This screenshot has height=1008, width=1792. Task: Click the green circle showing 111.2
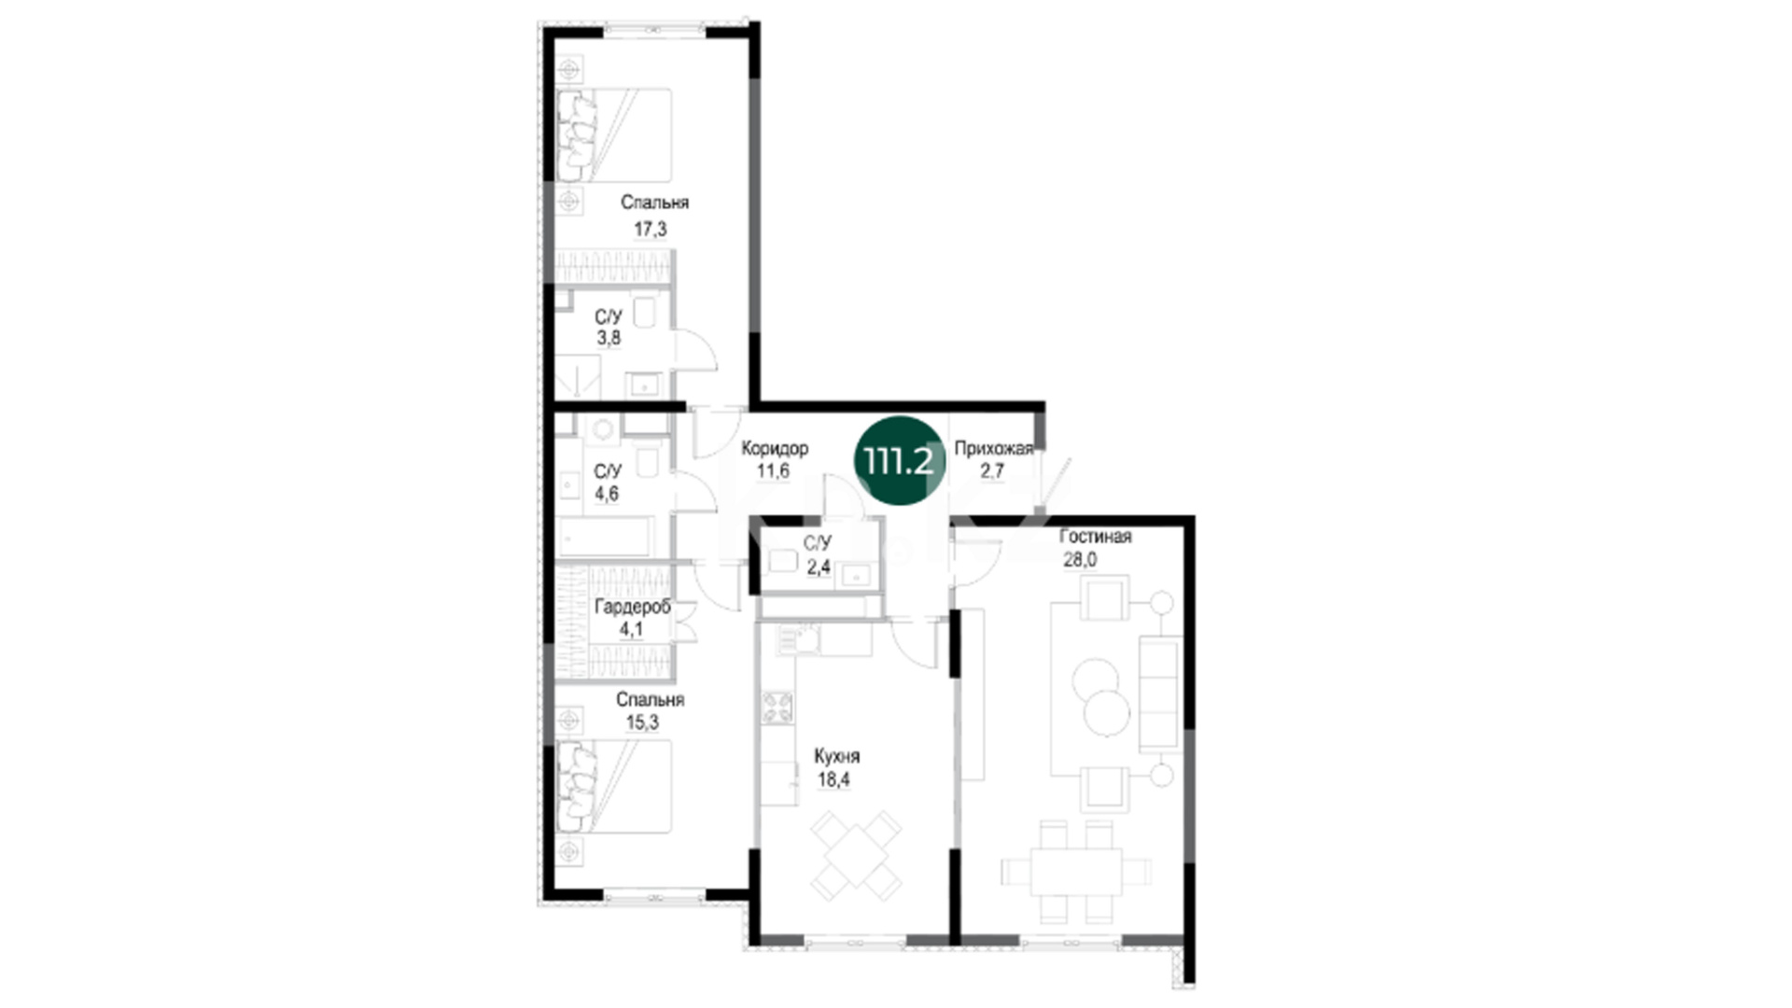(900, 461)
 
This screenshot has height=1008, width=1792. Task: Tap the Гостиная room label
(1095, 537)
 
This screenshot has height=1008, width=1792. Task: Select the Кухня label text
(836, 756)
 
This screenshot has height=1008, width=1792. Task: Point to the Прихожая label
(993, 449)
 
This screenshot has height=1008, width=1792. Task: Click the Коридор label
(775, 448)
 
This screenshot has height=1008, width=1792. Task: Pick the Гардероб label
(632, 607)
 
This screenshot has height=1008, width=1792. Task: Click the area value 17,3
(651, 229)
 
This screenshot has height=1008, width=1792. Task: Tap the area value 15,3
(642, 721)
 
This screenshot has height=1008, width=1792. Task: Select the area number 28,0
(1080, 560)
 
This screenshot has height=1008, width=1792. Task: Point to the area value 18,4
(833, 779)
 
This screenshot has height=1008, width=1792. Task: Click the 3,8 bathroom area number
(609, 338)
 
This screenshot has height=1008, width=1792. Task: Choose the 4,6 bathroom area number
(607, 494)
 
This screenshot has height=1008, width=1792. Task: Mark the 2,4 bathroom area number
(819, 567)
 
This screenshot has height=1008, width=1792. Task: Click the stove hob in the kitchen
(777, 707)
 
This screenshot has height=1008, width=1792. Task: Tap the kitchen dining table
(856, 855)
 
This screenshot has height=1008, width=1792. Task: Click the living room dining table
(1075, 872)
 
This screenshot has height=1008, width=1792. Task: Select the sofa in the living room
(1159, 692)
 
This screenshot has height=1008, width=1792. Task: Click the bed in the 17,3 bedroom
(614, 135)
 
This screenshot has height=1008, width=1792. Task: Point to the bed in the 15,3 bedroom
(614, 786)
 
